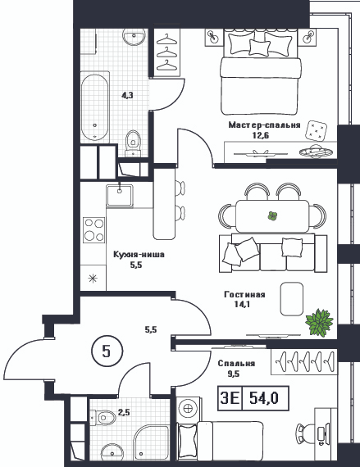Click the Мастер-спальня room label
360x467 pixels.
(264, 125)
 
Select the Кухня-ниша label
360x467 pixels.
(139, 255)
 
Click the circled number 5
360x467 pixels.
(107, 351)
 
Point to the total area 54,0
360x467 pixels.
(264, 398)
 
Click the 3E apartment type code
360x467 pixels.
(230, 398)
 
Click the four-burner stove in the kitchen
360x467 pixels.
(94, 230)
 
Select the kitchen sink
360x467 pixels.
(120, 195)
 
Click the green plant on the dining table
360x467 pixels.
(272, 215)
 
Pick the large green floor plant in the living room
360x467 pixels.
(320, 323)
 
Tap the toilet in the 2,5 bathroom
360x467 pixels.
(103, 416)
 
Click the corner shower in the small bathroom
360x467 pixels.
(152, 446)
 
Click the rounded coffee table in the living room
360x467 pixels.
(291, 299)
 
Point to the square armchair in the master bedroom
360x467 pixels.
(317, 130)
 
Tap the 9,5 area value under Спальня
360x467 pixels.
(234, 374)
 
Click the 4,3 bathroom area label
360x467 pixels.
(127, 96)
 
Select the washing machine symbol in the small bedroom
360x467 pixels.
(188, 409)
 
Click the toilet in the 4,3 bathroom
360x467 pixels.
(133, 143)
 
